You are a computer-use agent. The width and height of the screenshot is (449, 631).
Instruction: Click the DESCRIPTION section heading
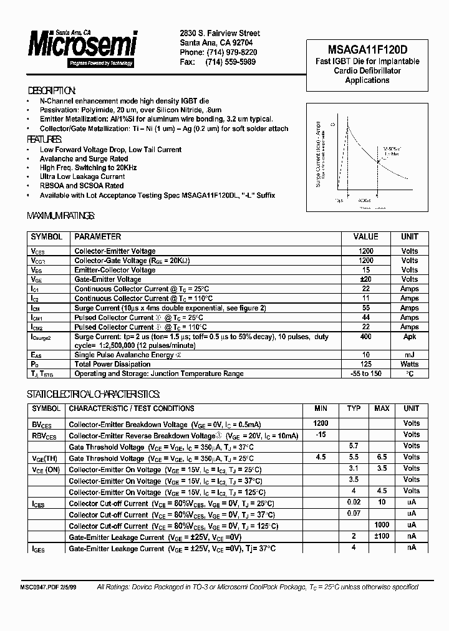pyautogui.click(x=52, y=90)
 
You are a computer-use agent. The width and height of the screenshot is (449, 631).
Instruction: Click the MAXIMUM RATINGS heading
pyautogui.click(x=60, y=216)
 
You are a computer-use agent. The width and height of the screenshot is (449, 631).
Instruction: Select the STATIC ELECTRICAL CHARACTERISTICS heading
pyautogui.click(x=93, y=395)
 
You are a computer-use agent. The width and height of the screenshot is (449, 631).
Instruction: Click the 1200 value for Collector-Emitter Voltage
pyautogui.click(x=365, y=251)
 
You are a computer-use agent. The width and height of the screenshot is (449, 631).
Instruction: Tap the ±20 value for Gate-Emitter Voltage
pyautogui.click(x=365, y=279)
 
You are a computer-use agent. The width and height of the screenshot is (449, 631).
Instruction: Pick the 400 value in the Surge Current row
pyautogui.click(x=365, y=337)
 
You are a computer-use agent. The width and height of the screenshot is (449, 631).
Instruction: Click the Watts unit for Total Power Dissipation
pyautogui.click(x=409, y=364)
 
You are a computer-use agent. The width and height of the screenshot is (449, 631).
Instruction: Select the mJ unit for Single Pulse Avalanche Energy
pyautogui.click(x=409, y=354)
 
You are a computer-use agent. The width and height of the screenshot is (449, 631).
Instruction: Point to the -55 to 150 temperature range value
pyautogui.click(x=365, y=373)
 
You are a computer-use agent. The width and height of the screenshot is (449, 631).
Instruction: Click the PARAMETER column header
pyautogui.click(x=97, y=237)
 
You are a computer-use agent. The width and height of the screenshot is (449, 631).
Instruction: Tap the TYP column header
pyautogui.click(x=354, y=408)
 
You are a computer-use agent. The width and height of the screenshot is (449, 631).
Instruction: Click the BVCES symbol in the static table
pyautogui.click(x=44, y=424)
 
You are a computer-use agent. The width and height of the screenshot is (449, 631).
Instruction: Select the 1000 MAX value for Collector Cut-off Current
pyautogui.click(x=381, y=525)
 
